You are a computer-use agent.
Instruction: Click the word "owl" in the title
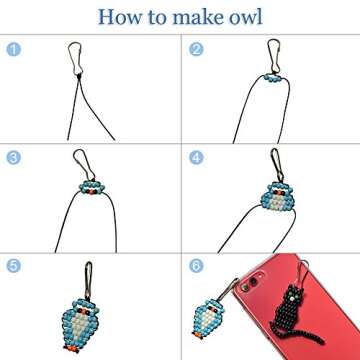244,16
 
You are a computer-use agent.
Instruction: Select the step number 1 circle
13,49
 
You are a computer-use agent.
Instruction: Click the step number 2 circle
196,49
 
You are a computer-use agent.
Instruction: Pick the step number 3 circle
13,158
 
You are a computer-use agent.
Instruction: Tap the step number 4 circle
196,158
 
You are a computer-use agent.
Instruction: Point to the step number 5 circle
13,266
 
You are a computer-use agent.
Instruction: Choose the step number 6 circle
196,266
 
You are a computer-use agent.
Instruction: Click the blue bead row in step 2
273,78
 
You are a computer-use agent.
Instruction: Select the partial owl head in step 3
92,187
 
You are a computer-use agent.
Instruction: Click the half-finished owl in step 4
277,198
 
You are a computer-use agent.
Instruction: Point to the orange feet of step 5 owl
71,349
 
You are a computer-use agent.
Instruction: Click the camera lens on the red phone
253,282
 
